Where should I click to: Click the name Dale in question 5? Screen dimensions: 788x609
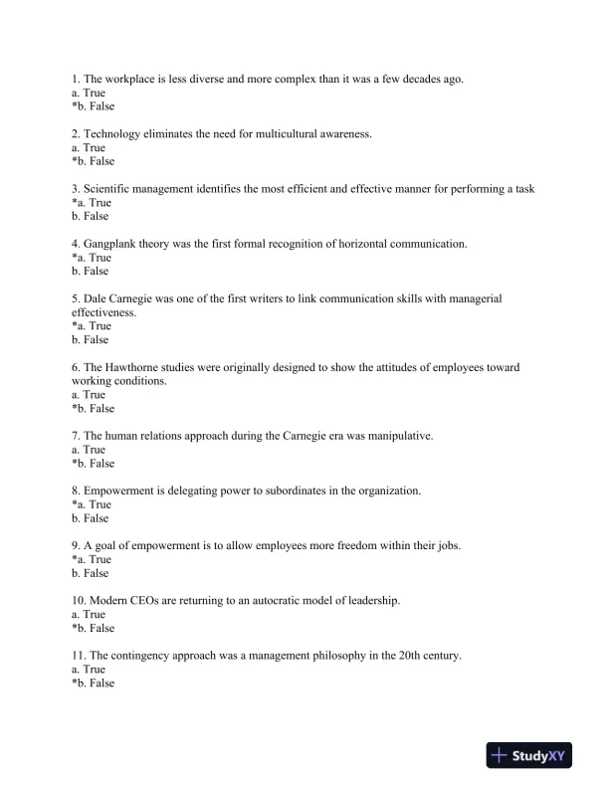point(97,298)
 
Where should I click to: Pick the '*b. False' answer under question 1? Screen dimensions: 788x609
point(94,106)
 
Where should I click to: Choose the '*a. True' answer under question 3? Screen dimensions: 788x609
point(92,203)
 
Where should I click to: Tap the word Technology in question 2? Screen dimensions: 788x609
point(112,134)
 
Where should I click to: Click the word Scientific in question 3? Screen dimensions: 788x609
point(109,189)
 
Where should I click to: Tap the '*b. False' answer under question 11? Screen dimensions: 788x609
point(94,684)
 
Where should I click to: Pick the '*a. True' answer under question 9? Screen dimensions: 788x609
point(92,559)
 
